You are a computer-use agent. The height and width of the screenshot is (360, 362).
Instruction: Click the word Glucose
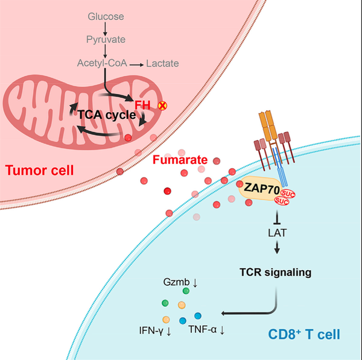point(106,17)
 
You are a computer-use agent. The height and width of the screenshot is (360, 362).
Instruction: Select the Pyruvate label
point(106,39)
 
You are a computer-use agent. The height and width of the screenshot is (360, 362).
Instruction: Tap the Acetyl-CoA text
point(102,63)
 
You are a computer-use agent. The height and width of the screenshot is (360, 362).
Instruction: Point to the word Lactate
point(162,63)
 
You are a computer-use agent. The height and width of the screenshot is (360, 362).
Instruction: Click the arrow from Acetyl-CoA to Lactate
point(136,65)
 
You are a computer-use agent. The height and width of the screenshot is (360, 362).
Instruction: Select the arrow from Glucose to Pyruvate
point(105,28)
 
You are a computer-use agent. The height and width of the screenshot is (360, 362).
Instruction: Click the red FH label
point(142,106)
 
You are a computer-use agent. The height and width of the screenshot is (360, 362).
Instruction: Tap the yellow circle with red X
point(162,106)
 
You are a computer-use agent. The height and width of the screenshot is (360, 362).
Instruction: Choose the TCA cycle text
point(107,115)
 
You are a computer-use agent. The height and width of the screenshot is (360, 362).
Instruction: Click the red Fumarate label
point(180,160)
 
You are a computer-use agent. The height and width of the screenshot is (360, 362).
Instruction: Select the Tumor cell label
point(39,170)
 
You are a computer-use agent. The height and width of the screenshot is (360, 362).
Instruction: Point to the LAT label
point(277,233)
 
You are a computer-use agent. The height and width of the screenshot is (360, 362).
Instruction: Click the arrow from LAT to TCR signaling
point(277,247)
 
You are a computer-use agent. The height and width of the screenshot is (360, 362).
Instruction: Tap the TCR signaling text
point(276,273)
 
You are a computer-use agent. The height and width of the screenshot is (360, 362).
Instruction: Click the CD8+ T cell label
point(304,334)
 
